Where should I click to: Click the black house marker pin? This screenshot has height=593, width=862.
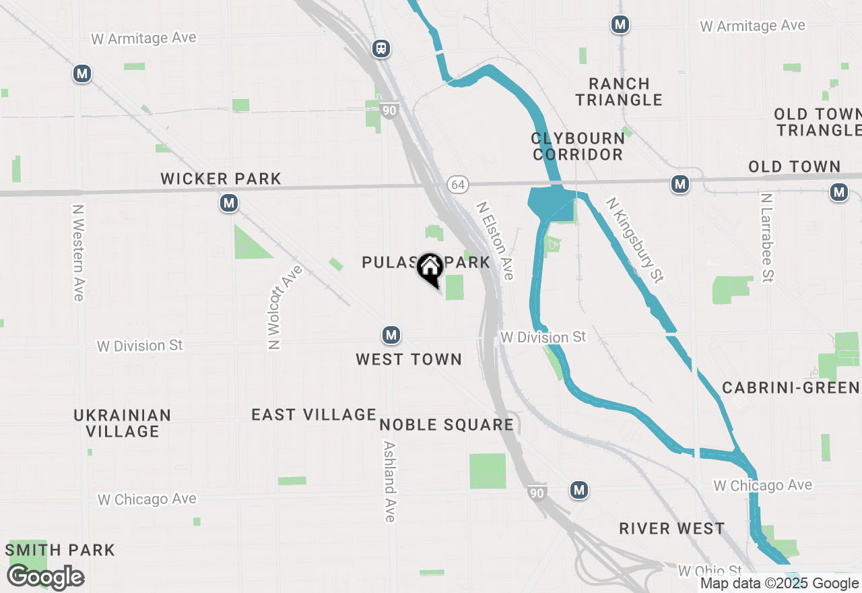point(430,269)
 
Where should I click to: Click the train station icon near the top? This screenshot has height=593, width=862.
point(381,49)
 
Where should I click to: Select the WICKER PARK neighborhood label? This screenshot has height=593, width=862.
point(221,179)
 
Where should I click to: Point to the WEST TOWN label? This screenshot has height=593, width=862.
point(409,360)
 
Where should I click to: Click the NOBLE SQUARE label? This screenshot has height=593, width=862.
point(446,425)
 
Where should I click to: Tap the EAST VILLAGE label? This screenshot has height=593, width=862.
point(314,414)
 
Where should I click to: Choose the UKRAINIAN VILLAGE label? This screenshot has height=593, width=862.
point(123,423)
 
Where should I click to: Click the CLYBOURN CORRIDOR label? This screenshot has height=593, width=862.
point(578,146)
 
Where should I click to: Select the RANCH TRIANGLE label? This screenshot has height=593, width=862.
point(619,92)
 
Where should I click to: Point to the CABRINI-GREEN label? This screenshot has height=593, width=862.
point(791,387)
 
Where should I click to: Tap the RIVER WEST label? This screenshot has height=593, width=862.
point(672,528)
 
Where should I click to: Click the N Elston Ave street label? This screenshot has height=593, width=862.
point(496,241)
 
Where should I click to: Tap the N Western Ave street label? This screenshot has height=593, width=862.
point(78,253)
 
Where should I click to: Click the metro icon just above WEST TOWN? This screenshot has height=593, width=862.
point(391,334)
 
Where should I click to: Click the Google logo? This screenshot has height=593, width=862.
point(46,578)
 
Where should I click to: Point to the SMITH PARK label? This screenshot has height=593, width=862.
point(60,550)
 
